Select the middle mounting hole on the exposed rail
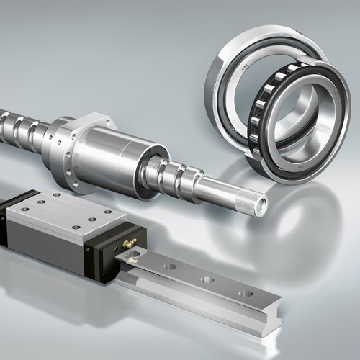(207, 279)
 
